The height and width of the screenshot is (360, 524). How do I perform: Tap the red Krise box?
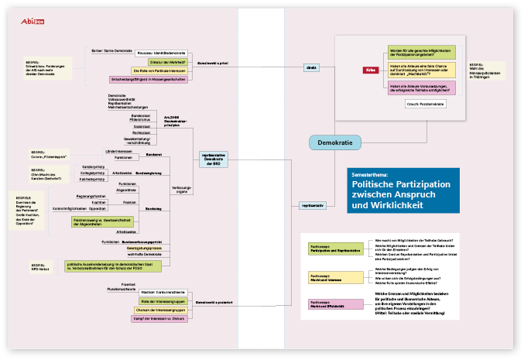[x=372, y=70]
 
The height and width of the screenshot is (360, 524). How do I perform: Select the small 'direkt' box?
[x=311, y=67]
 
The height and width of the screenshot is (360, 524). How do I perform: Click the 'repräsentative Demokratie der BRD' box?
[x=214, y=159]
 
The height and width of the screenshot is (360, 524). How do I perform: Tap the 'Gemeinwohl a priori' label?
[x=214, y=63]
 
